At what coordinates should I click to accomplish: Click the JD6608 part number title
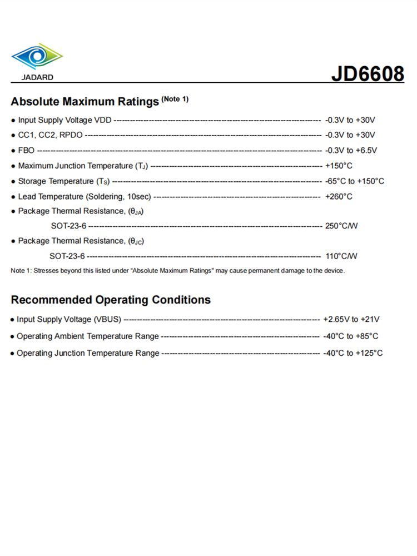click(368, 73)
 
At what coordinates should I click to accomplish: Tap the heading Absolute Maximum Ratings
click(85, 102)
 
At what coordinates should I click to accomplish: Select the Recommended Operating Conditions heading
click(111, 300)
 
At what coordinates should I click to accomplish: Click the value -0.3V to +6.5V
click(351, 150)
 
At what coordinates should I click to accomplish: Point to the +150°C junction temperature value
click(339, 166)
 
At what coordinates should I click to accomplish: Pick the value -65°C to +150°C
click(355, 181)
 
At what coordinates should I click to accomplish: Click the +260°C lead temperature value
click(339, 196)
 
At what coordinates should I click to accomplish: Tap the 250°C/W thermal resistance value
click(341, 226)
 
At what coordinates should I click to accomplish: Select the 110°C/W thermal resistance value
click(341, 256)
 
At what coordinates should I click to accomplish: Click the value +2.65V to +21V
click(351, 320)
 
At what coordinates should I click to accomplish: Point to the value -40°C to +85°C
click(351, 336)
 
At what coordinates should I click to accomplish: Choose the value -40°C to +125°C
click(353, 353)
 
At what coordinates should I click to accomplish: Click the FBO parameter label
click(26, 150)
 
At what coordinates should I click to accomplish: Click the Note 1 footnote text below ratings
click(178, 271)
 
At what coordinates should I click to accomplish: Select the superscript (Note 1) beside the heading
click(175, 99)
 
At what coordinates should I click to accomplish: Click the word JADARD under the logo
click(37, 77)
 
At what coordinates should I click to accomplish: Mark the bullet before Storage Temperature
click(13, 182)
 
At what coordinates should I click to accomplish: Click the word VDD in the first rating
click(103, 120)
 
